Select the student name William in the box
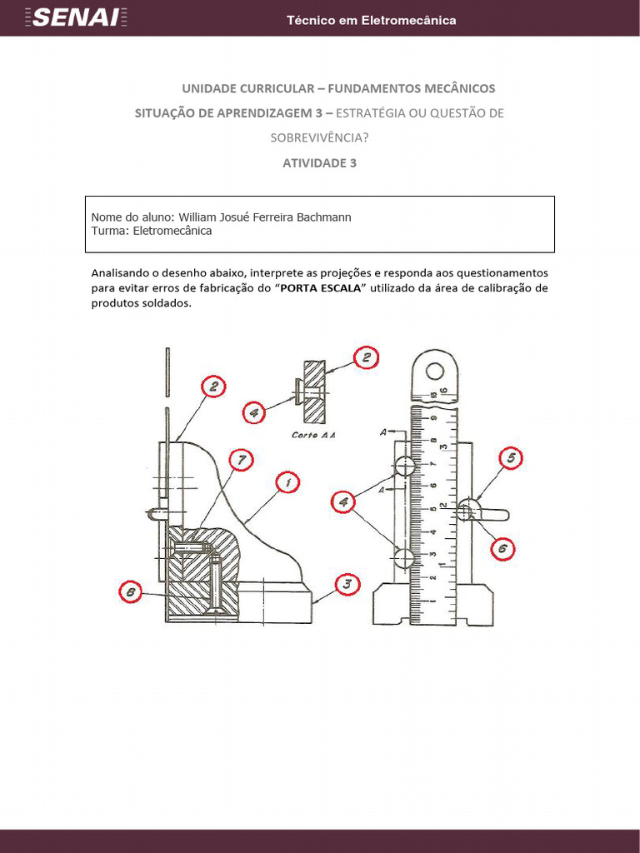click(x=202, y=217)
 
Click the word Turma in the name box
click(x=109, y=231)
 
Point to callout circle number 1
click(x=287, y=482)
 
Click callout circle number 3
click(x=347, y=585)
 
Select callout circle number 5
click(x=511, y=458)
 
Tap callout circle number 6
click(x=502, y=548)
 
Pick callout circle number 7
click(x=240, y=459)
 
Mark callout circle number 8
click(x=129, y=593)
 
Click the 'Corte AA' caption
click(x=312, y=435)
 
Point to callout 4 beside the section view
click(x=255, y=411)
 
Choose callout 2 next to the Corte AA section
click(x=366, y=358)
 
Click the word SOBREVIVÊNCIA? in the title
click(x=319, y=138)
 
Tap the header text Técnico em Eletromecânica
click(x=371, y=20)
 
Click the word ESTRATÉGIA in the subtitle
click(x=380, y=113)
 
